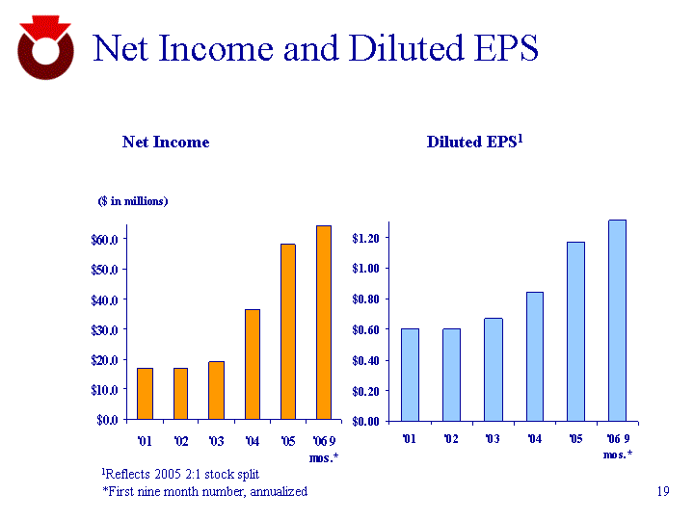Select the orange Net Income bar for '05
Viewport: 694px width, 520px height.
[288, 331]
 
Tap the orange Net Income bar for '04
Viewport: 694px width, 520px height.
[253, 364]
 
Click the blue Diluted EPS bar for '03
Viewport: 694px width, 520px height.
[493, 369]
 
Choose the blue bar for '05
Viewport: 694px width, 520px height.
[575, 331]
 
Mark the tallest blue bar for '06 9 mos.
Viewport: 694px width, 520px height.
[617, 320]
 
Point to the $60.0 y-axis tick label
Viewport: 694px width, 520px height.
[105, 239]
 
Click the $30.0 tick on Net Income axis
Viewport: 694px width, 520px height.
[105, 329]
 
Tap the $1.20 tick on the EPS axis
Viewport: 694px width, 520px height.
[369, 237]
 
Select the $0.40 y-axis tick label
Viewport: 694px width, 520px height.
[369, 360]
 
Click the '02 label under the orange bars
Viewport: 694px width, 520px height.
[180, 442]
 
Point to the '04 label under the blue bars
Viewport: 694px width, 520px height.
[534, 439]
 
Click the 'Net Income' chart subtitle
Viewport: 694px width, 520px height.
[166, 142]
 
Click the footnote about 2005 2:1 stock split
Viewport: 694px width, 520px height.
[180, 474]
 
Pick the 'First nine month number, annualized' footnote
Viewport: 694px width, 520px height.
[204, 491]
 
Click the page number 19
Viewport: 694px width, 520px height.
[661, 492]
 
